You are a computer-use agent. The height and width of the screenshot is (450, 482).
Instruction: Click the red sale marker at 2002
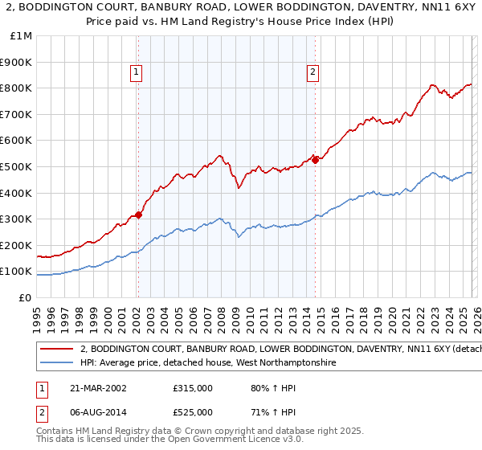click(138, 215)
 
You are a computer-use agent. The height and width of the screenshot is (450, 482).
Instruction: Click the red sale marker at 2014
click(315, 159)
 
